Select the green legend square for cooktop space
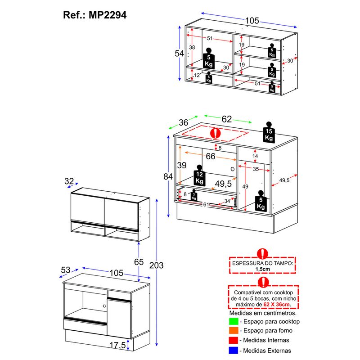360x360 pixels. tap(234, 321)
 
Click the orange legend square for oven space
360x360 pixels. tap(234, 331)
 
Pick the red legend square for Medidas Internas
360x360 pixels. tap(234, 341)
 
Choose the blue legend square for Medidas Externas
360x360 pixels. tap(234, 350)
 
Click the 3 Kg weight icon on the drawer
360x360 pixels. tap(193, 196)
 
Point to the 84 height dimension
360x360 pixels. tap(168, 177)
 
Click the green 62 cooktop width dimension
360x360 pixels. tap(226, 119)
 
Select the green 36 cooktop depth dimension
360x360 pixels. tap(183, 122)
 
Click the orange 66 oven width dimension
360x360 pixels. tap(210, 157)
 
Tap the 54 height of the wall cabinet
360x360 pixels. tap(180, 53)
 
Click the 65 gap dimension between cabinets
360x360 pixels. tap(139, 261)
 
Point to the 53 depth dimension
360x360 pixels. tap(66, 270)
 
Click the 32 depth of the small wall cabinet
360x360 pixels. tap(69, 181)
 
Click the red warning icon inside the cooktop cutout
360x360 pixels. tap(216, 133)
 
